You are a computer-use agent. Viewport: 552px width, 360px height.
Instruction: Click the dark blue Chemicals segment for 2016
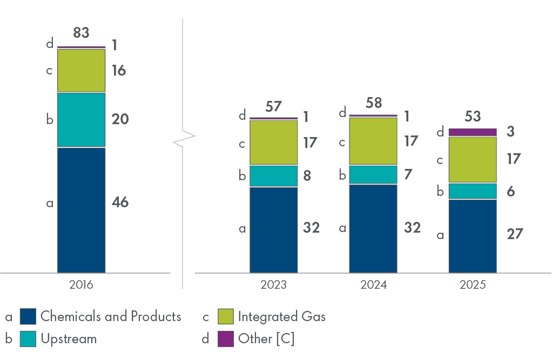[81, 209]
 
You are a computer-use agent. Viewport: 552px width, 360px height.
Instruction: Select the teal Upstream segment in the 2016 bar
[81, 120]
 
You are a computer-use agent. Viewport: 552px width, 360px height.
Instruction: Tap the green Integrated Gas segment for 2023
[273, 142]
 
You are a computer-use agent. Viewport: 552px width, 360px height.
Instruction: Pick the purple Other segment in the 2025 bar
[473, 132]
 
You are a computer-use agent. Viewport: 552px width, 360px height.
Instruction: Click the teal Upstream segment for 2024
[373, 175]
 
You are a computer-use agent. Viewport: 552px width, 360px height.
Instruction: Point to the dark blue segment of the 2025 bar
[473, 236]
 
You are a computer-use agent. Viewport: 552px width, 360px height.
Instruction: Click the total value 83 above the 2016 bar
[81, 33]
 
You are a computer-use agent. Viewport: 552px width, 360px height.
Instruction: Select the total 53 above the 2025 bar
[473, 117]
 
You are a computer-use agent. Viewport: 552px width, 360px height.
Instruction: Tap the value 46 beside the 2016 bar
[120, 203]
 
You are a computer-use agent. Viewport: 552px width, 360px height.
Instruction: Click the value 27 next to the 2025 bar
[515, 234]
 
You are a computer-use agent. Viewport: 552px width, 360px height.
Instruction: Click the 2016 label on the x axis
[81, 285]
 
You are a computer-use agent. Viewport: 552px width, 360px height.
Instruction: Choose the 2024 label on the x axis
[374, 285]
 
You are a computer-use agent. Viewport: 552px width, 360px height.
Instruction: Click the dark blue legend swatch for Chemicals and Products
[28, 316]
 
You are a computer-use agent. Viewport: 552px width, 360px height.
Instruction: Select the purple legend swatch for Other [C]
[225, 339]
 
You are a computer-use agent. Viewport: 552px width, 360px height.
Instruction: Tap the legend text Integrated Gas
[281, 316]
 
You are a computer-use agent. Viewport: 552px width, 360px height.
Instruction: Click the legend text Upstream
[69, 339]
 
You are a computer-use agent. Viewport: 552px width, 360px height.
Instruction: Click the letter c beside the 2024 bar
[342, 141]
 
